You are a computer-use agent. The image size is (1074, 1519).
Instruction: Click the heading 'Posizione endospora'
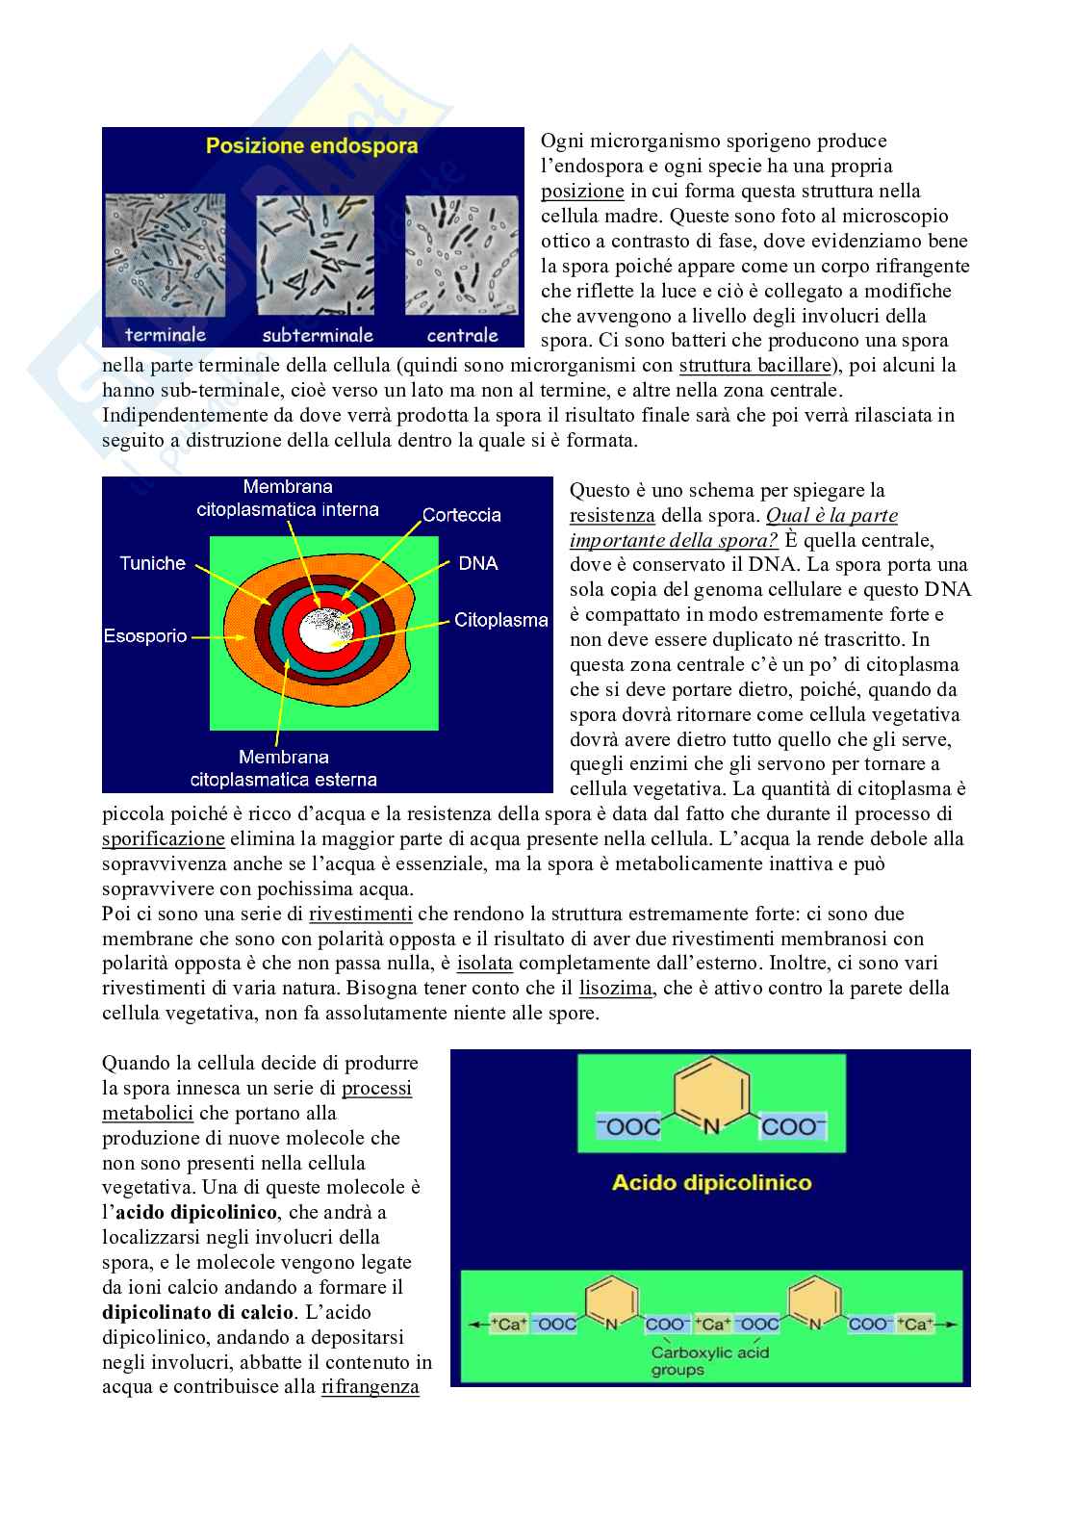click(312, 147)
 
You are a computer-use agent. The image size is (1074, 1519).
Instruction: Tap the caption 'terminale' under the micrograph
click(166, 335)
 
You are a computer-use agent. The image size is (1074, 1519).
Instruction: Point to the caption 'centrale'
click(462, 335)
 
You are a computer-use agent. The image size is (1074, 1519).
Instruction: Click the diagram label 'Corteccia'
click(462, 515)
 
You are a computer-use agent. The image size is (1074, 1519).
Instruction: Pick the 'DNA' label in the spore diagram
click(478, 563)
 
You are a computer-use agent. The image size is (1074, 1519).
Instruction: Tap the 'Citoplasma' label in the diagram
click(500, 621)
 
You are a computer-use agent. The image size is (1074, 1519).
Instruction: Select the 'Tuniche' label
click(152, 563)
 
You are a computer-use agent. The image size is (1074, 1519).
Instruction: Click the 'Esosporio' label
click(145, 636)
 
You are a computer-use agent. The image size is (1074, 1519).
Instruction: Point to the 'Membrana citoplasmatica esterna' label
click(284, 768)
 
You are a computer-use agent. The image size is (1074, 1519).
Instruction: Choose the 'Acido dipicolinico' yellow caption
click(712, 1183)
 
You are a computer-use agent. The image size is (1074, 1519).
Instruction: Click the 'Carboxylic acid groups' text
click(710, 1361)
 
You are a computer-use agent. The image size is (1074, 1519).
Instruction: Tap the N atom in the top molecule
click(710, 1126)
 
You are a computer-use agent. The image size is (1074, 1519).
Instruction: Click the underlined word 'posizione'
click(582, 192)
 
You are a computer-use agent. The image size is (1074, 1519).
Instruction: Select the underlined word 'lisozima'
click(616, 989)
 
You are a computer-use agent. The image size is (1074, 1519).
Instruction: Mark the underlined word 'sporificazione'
click(164, 838)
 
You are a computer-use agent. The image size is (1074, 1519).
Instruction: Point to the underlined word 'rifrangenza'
click(370, 1387)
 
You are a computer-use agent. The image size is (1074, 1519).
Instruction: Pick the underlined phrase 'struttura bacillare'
click(754, 366)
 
